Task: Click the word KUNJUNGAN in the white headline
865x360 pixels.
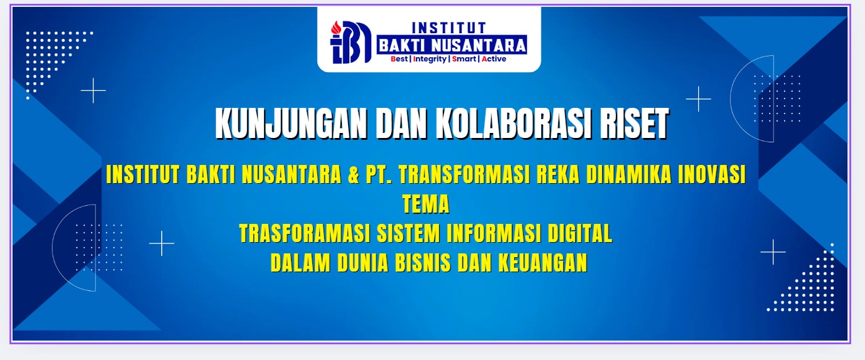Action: (291, 124)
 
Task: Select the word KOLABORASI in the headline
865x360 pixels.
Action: (514, 124)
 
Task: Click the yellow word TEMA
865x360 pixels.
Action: (426, 204)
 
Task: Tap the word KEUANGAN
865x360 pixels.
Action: (543, 263)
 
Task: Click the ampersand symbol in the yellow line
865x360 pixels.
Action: (353, 174)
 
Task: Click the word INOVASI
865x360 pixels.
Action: (712, 174)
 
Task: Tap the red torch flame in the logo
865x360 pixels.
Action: (336, 28)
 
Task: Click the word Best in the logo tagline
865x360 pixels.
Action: (400, 59)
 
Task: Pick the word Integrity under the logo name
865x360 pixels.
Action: (430, 59)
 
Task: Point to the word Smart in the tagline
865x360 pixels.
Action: (464, 59)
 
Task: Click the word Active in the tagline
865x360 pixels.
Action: (494, 59)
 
